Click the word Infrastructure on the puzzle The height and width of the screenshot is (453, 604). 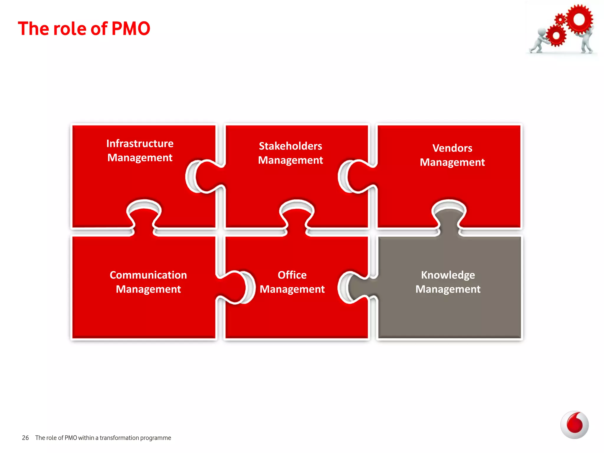coord(140,144)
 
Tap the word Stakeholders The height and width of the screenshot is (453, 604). coord(290,146)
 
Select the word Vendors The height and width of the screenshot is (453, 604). coord(452,148)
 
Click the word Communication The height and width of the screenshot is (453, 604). coord(148,275)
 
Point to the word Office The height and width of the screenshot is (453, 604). coord(292,275)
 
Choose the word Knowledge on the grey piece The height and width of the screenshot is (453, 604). coord(448,275)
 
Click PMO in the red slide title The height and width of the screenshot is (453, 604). coord(131,29)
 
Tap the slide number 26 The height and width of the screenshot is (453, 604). coord(25,438)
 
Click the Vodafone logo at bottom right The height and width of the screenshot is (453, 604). coord(574,425)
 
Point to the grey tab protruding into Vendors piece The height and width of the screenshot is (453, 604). coord(449,218)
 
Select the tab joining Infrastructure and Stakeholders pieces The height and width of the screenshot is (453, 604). coord(206,176)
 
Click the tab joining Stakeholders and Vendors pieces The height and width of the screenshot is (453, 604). coord(358,176)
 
